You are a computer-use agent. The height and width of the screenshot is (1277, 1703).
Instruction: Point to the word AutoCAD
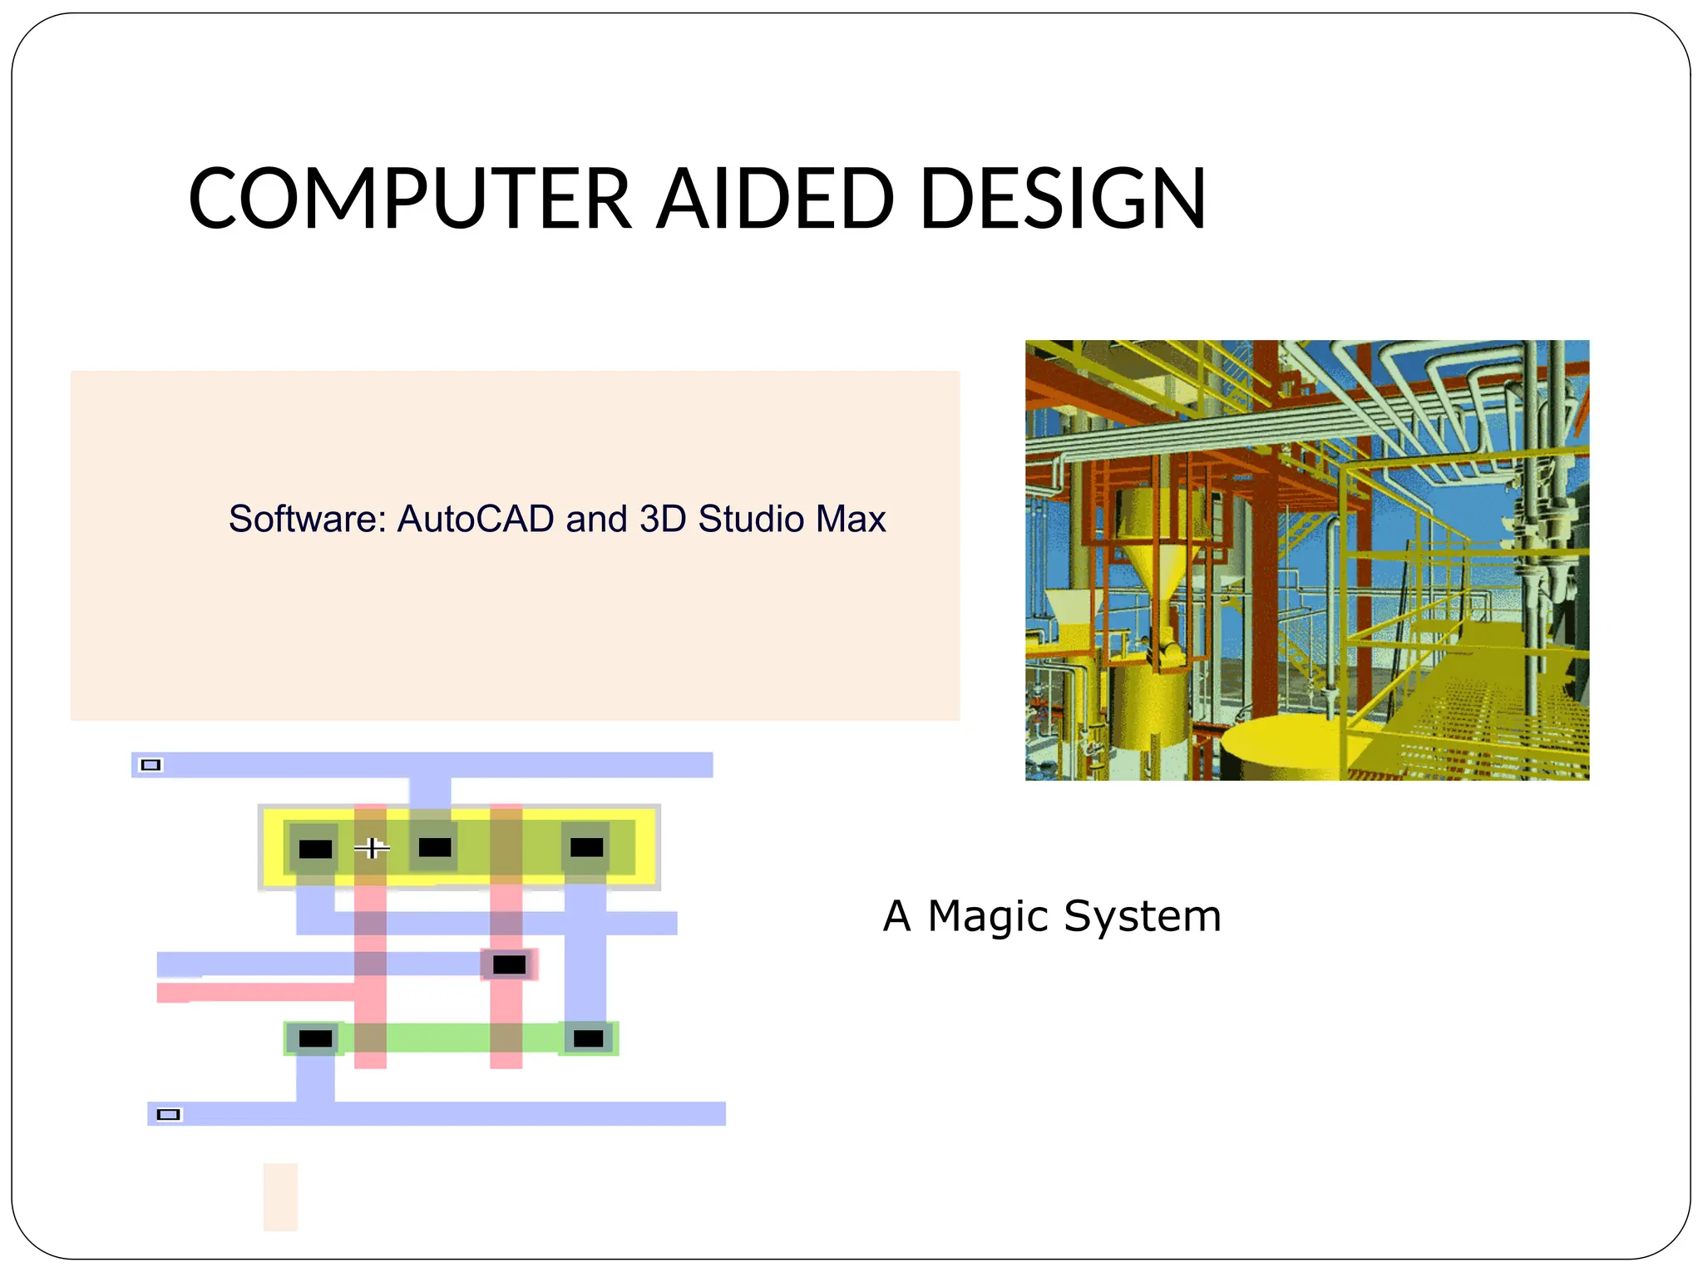(476, 519)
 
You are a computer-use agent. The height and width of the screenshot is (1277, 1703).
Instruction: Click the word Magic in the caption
(988, 916)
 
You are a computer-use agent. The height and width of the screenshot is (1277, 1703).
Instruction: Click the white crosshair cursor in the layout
(372, 848)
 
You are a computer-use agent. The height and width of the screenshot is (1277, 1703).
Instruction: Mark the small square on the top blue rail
(151, 765)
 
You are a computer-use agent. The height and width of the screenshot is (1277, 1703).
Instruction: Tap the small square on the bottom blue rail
(168, 1115)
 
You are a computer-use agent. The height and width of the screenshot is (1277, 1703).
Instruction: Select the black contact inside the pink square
(509, 964)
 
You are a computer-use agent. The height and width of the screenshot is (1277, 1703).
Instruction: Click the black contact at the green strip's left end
(315, 1038)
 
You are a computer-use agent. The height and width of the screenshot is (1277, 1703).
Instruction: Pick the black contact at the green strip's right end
(588, 1038)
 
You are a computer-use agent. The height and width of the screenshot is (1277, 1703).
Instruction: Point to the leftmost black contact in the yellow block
(315, 849)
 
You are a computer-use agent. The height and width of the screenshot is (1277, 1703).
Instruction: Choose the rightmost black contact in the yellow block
(586, 847)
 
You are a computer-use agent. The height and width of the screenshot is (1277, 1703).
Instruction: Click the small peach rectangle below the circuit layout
(280, 1196)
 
